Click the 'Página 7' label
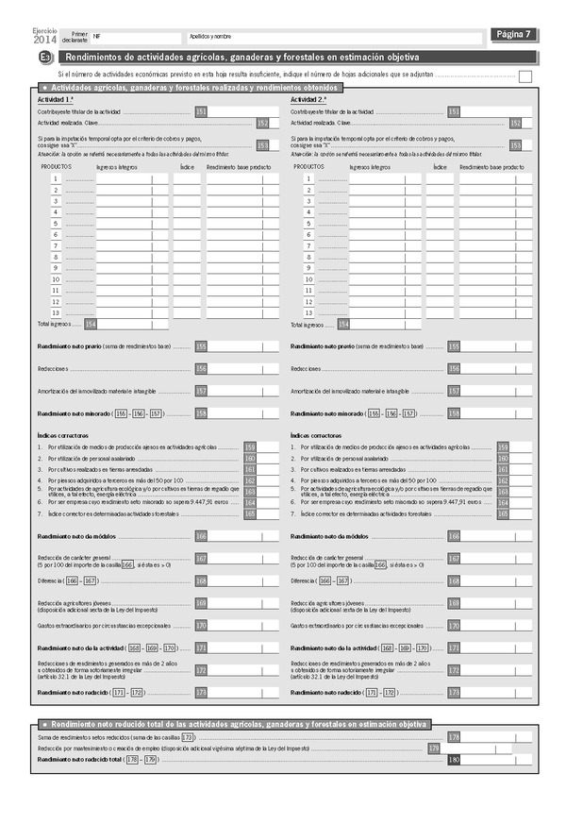coord(514,35)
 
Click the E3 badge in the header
coord(45,59)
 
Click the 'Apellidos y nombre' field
coord(330,36)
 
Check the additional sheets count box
coord(525,76)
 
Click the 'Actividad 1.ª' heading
coord(56,99)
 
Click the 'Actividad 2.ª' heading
coord(308,99)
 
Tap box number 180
coord(454,759)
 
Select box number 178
coord(454,736)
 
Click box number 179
coord(434,748)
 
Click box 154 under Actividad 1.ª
coord(91,324)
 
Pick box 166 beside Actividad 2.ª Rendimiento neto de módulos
coord(454,536)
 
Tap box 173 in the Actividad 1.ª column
coord(201,693)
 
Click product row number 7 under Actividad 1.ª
coord(57,245)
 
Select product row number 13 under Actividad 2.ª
coord(308,312)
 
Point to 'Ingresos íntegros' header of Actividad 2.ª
coord(370,166)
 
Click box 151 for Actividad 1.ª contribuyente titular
coord(201,111)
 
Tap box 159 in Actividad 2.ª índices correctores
coord(503,446)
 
